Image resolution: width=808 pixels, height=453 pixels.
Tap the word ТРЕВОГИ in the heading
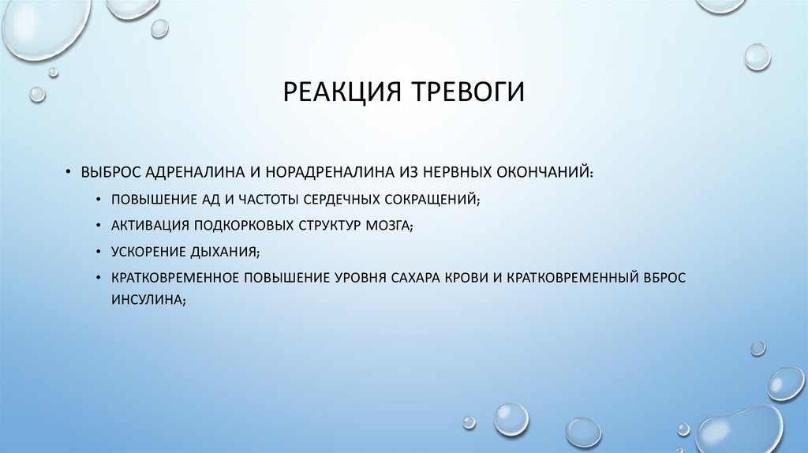pyautogui.click(x=466, y=92)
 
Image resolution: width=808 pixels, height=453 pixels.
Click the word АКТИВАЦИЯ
pyautogui.click(x=147, y=225)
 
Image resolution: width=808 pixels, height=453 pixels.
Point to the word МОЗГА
pyautogui.click(x=387, y=225)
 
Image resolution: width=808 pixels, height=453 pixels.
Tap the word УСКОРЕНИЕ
pyautogui.click(x=146, y=252)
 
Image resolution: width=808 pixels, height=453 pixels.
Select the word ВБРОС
pyautogui.click(x=664, y=279)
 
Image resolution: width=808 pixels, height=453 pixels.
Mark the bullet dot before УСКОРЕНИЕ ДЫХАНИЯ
pyautogui.click(x=97, y=252)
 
